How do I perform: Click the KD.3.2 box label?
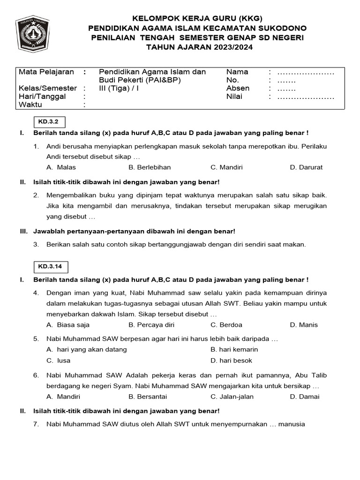point(48,122)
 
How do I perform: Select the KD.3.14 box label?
point(50,267)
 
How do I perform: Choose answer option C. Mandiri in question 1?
point(226,167)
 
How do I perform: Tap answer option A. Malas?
point(61,167)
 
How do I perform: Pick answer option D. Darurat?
point(306,167)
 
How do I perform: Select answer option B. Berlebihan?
point(150,167)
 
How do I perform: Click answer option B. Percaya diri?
point(151,325)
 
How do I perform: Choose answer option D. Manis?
point(304,325)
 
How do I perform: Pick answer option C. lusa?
point(59,360)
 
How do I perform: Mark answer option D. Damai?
point(305,397)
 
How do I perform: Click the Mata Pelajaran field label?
point(46,72)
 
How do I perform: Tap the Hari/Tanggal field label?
point(42,97)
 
